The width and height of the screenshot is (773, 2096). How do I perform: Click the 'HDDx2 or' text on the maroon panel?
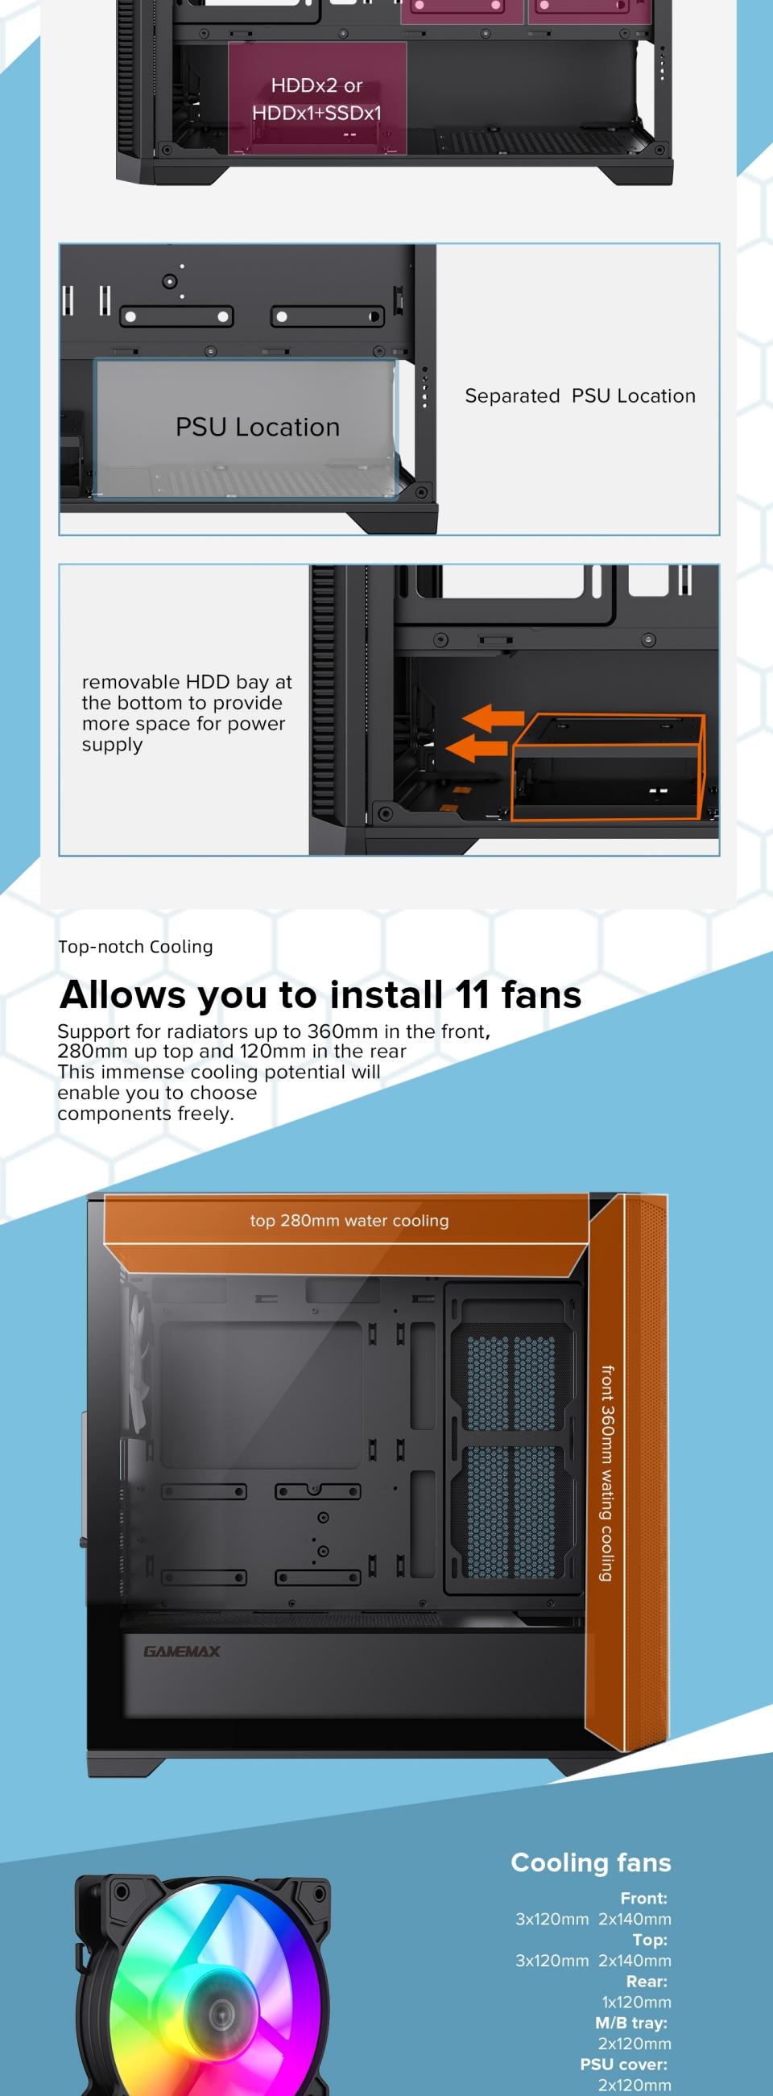316,85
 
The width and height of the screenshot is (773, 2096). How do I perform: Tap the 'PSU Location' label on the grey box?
257,428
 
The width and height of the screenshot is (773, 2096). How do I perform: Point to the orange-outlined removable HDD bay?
607,767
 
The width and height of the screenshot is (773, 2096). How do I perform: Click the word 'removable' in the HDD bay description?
130,682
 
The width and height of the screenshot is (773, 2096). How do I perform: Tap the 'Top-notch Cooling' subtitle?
135,946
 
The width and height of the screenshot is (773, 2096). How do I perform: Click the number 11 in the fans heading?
472,995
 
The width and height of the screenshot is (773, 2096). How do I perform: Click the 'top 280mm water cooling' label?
349,1221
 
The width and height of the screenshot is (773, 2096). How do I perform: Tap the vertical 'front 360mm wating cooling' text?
607,1473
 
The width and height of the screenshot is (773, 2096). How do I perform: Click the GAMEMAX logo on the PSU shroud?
181,1652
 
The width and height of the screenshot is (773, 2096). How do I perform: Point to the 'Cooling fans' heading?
591,1862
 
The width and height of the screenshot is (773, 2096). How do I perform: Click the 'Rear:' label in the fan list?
646,1982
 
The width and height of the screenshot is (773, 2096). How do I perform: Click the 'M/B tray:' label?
630,2023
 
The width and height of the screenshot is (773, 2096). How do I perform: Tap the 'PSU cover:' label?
623,2065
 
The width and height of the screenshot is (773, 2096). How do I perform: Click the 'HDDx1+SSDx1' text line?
316,113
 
